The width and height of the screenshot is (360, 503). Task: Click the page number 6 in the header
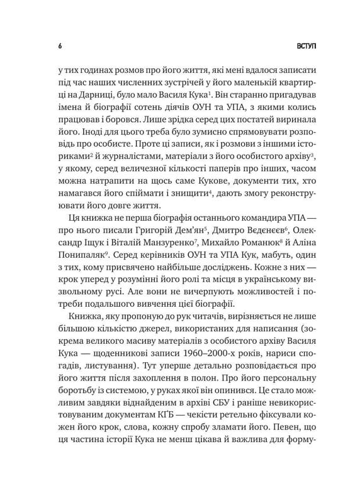coord(59,47)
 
